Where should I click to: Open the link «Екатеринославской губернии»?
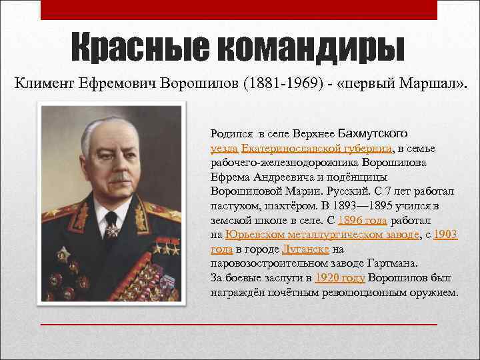coord(317,147)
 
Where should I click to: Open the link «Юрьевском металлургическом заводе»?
coord(323,235)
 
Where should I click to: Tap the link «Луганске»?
coord(305,249)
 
